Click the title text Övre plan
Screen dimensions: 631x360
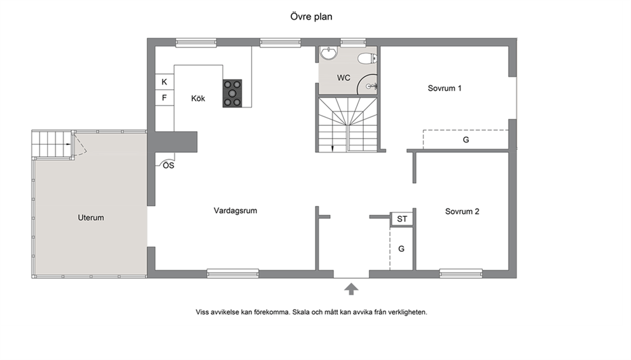pyautogui.click(x=311, y=17)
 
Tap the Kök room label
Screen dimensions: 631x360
pyautogui.click(x=198, y=98)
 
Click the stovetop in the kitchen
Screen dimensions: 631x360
pyautogui.click(x=233, y=93)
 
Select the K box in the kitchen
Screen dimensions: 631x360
pyautogui.click(x=165, y=81)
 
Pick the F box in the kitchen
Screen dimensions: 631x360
pyautogui.click(x=165, y=98)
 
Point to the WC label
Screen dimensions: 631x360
pyautogui.click(x=343, y=78)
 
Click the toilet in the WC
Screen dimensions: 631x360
pyautogui.click(x=367, y=59)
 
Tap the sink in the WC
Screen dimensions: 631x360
pyautogui.click(x=329, y=53)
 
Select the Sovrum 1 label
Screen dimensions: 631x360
pyautogui.click(x=444, y=88)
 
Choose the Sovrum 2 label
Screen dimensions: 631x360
pyautogui.click(x=462, y=211)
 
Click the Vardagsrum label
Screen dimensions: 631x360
pyautogui.click(x=235, y=211)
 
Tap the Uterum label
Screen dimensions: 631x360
pyautogui.click(x=91, y=218)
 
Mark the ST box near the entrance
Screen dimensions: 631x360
pyautogui.click(x=402, y=219)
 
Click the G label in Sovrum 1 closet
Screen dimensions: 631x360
pyautogui.click(x=466, y=139)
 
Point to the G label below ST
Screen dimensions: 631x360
pyautogui.click(x=401, y=249)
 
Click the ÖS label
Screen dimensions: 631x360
pyautogui.click(x=169, y=165)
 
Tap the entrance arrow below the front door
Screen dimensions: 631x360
pyautogui.click(x=351, y=289)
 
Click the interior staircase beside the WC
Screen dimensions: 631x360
pyautogui.click(x=347, y=124)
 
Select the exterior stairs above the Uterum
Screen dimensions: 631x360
pyautogui.click(x=52, y=144)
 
